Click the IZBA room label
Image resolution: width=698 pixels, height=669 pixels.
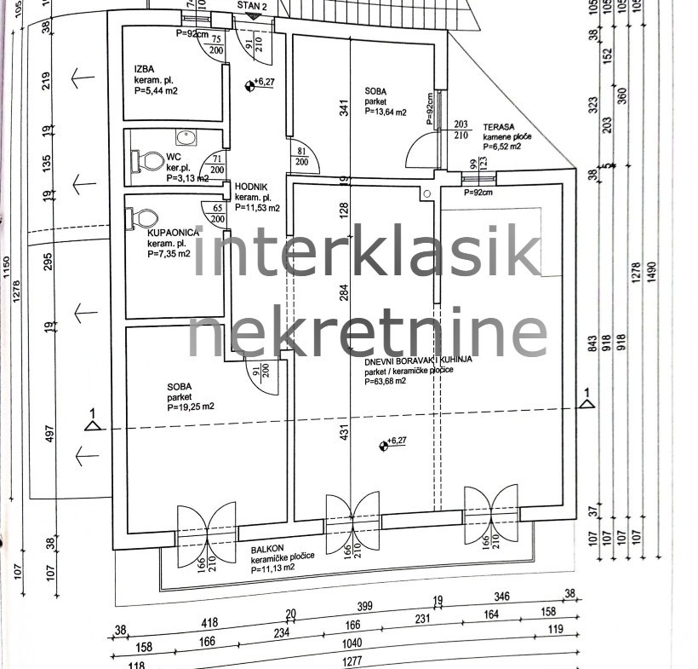144,69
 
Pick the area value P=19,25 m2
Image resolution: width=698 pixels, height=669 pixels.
191,407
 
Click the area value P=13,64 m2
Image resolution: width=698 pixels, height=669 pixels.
386,111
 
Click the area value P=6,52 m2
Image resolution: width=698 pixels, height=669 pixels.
502,147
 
